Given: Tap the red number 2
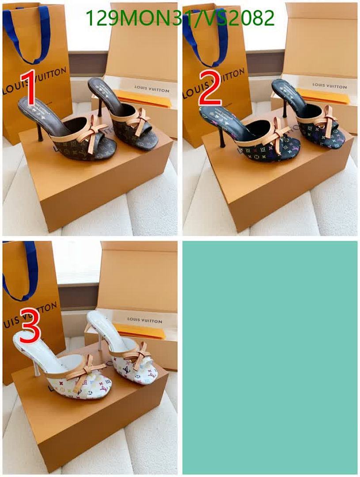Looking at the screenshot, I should point(210,90).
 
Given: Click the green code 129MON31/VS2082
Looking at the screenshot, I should point(180,19).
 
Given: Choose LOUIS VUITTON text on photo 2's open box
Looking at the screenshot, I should point(330,85).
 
